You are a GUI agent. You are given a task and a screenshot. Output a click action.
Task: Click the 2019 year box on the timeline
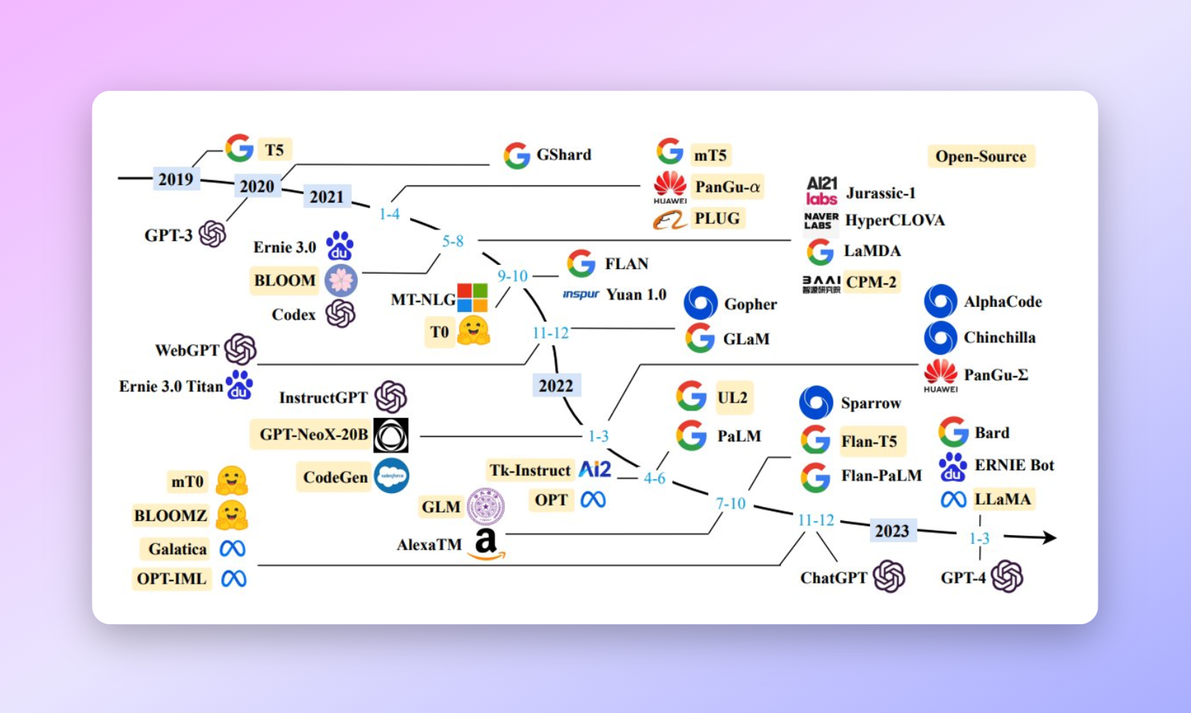pos(176,179)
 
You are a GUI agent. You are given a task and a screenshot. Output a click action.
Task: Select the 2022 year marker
pos(556,386)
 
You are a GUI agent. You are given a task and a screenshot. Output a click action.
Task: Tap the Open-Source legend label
pos(981,156)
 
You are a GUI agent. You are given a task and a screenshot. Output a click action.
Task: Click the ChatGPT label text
pos(833,578)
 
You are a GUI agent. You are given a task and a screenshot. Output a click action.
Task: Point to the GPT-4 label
pos(963,577)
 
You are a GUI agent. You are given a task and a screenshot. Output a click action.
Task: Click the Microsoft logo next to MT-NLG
pos(472,298)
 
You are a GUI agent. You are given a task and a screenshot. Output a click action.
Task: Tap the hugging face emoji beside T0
pos(473,330)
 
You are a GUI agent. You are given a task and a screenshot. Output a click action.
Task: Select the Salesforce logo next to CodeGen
pos(391,476)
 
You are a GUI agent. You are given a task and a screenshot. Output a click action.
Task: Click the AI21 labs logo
pos(822,191)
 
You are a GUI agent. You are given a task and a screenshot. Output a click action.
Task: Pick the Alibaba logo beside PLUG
pos(670,220)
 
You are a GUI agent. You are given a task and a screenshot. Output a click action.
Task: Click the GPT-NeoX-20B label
pos(313,434)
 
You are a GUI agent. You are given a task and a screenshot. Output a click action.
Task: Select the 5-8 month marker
pos(453,241)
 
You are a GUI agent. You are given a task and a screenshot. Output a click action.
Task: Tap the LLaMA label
pos(1003,499)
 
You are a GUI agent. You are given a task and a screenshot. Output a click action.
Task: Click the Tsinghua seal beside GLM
pos(485,506)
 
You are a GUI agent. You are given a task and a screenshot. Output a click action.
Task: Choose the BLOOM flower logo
pos(341,280)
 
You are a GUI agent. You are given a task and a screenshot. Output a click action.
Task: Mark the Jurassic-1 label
pos(881,193)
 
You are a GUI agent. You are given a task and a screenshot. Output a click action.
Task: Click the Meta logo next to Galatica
pos(233,548)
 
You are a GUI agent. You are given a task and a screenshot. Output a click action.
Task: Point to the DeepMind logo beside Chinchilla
pos(941,337)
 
